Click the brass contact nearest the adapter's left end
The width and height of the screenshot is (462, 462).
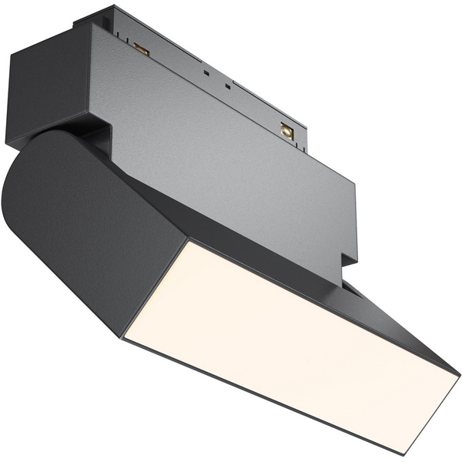(141, 49)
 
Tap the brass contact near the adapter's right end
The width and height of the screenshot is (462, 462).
(287, 131)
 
